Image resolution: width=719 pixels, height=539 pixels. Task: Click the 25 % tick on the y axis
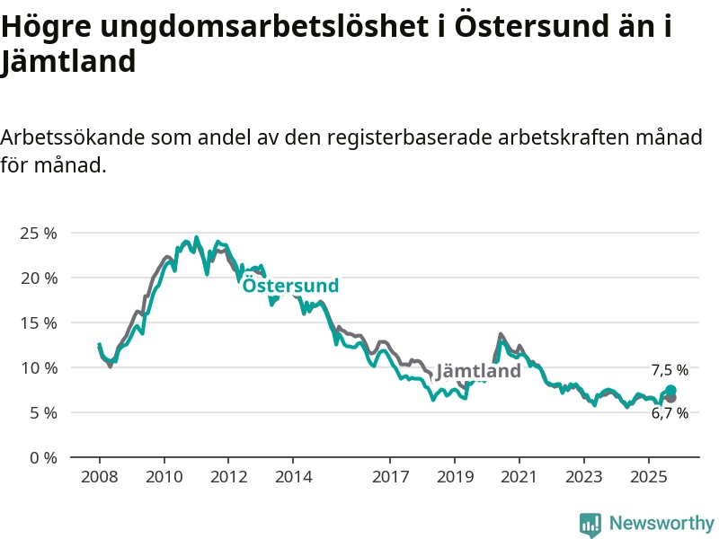[37, 233]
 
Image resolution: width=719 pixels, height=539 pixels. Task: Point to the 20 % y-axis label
[37, 278]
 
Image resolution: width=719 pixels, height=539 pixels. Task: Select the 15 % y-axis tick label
[37, 323]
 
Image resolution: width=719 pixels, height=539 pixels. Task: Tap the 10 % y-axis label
[37, 367]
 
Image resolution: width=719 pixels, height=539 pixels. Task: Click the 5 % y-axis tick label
[41, 412]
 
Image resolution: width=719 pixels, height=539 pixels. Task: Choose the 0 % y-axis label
[41, 457]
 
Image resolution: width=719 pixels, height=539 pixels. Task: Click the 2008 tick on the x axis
[99, 476]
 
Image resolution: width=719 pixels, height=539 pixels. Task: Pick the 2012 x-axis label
[228, 476]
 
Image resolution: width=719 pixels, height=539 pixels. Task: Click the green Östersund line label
[290, 286]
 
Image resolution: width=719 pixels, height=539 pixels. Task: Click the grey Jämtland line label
[478, 371]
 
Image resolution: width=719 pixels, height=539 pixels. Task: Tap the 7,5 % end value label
[670, 370]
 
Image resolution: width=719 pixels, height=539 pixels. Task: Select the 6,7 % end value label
[670, 413]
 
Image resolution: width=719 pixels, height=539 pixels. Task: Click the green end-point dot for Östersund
[670, 391]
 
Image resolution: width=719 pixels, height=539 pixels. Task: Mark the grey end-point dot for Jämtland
[670, 398]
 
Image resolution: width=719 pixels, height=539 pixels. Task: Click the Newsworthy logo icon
[590, 525]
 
